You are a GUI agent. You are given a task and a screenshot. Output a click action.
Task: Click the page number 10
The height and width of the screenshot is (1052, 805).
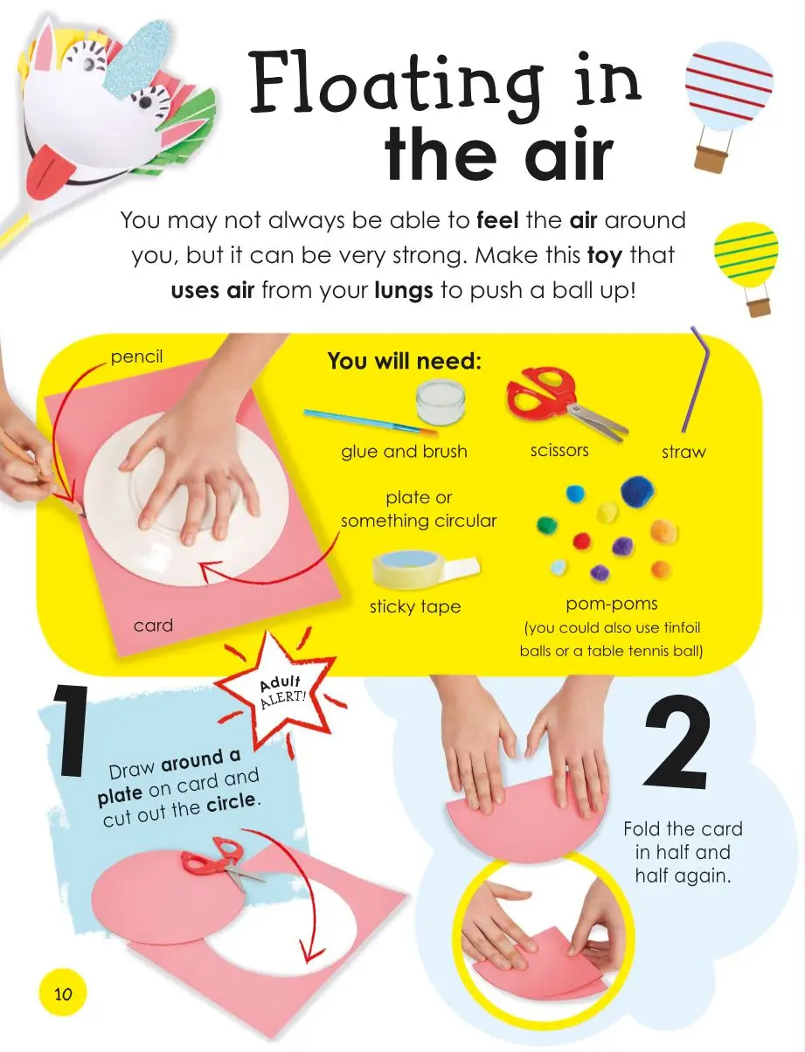click(x=63, y=994)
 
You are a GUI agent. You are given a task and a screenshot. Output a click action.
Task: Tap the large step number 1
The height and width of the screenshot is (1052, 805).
click(x=72, y=729)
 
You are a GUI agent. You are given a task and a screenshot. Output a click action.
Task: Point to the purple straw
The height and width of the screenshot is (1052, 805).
click(x=695, y=378)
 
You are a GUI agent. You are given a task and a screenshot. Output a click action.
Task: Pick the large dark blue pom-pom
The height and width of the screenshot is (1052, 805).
click(x=637, y=491)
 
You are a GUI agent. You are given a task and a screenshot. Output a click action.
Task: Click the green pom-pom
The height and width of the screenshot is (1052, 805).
click(x=547, y=525)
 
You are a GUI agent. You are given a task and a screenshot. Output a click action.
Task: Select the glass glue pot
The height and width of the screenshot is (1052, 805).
click(x=441, y=401)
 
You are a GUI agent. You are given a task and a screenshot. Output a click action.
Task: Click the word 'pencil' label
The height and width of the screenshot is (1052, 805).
click(x=136, y=357)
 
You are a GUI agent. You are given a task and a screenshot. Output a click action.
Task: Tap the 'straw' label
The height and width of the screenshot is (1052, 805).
click(x=684, y=452)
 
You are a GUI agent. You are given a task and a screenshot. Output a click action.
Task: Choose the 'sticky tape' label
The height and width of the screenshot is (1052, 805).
click(x=415, y=607)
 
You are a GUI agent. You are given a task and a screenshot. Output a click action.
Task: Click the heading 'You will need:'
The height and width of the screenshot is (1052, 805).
click(x=404, y=361)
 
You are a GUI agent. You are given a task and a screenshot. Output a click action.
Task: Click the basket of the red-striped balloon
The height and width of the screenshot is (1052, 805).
click(x=711, y=159)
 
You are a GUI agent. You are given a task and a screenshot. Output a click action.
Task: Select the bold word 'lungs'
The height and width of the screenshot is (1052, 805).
click(x=404, y=291)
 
